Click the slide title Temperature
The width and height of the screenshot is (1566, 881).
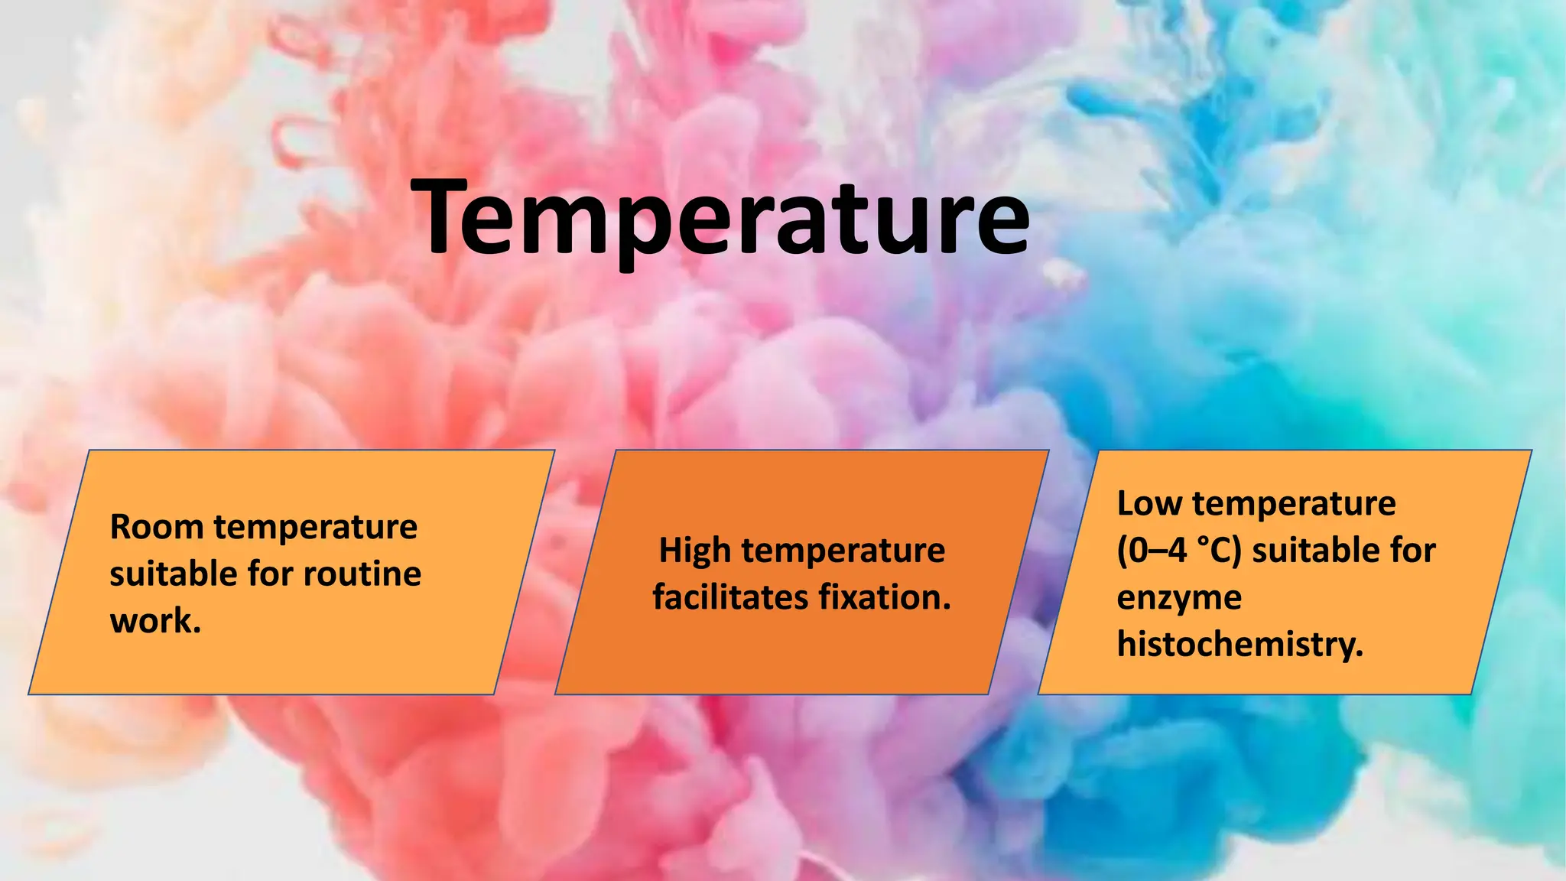(x=721, y=217)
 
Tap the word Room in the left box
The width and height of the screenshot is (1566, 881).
(x=156, y=527)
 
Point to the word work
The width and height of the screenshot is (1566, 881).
(x=155, y=620)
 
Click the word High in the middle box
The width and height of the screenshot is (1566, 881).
(x=694, y=551)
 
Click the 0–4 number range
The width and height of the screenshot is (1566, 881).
(x=1155, y=551)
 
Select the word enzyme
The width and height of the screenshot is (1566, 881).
(x=1179, y=598)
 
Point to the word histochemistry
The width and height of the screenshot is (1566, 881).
(x=1239, y=644)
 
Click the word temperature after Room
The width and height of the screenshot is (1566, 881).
(x=315, y=527)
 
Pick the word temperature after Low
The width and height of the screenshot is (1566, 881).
(x=1294, y=503)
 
